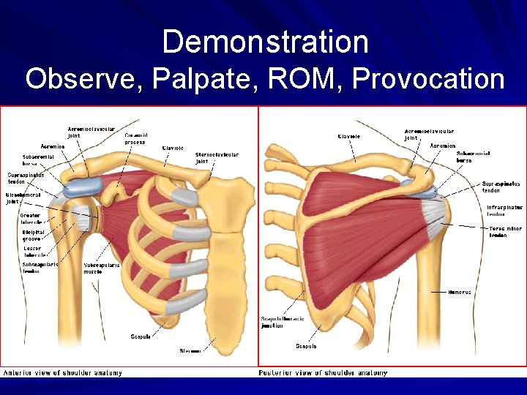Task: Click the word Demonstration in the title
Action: (264, 42)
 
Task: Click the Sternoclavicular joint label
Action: (217, 158)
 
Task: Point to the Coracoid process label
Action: (135, 138)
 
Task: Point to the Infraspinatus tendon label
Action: (505, 211)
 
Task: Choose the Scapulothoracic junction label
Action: (281, 323)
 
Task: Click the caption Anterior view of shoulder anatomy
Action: (63, 373)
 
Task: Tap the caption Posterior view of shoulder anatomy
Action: (323, 373)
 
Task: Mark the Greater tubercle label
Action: (31, 219)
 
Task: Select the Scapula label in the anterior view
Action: (141, 337)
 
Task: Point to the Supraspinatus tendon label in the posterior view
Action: (501, 187)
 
